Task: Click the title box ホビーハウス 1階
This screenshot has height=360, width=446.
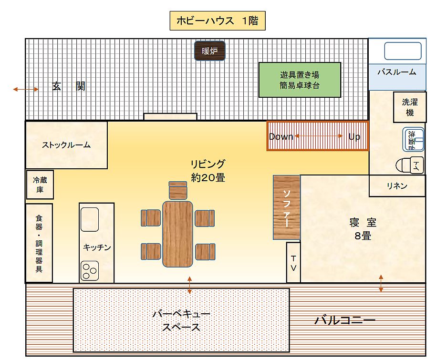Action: tap(217, 21)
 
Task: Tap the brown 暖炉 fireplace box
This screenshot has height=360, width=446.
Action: tap(209, 51)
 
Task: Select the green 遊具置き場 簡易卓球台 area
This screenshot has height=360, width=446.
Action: tap(300, 80)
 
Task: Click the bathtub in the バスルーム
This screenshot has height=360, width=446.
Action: tap(403, 51)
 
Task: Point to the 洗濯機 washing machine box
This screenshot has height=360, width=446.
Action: tap(410, 107)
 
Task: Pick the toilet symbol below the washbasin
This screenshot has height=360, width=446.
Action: tap(410, 165)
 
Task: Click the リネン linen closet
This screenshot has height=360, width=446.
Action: tap(397, 186)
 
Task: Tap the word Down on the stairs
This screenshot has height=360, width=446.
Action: tap(281, 136)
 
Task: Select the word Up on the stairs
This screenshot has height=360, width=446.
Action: tap(354, 136)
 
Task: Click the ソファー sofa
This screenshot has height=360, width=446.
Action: tap(287, 207)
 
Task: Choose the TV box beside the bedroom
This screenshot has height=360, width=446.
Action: tap(293, 262)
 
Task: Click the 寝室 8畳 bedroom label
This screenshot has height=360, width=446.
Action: tap(363, 229)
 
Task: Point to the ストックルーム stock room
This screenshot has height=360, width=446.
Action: tap(66, 145)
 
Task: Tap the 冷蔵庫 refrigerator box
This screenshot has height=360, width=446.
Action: tap(40, 185)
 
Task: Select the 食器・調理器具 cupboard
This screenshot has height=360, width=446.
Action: tap(39, 243)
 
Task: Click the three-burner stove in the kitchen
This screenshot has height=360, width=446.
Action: tap(89, 271)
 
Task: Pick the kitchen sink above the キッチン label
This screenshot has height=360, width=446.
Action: tap(89, 219)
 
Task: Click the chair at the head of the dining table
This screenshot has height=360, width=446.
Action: tap(178, 190)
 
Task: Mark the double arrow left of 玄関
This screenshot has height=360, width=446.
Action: tap(26, 89)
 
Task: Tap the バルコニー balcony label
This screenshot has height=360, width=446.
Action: tap(344, 320)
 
